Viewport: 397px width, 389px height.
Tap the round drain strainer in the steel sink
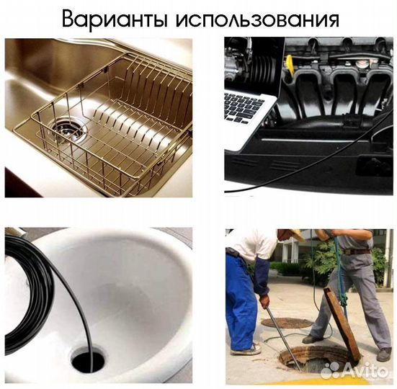click(68, 132)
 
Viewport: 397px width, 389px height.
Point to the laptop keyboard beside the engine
click(245, 108)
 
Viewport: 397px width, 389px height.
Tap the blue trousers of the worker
click(241, 303)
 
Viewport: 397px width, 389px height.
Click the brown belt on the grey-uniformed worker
click(356, 251)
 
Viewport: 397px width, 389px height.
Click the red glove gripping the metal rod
click(264, 300)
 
